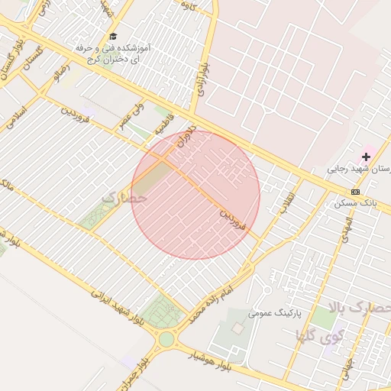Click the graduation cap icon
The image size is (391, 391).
point(113,36)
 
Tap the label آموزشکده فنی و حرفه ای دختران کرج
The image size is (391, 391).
point(112,53)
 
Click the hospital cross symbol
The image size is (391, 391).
point(366,157)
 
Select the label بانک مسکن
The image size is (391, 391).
point(356,203)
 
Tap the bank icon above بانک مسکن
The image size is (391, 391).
point(355,191)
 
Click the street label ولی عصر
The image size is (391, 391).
point(131,119)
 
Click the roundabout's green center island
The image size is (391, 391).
point(166,338)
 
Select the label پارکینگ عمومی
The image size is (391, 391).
point(276,313)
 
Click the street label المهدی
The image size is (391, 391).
point(349,230)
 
